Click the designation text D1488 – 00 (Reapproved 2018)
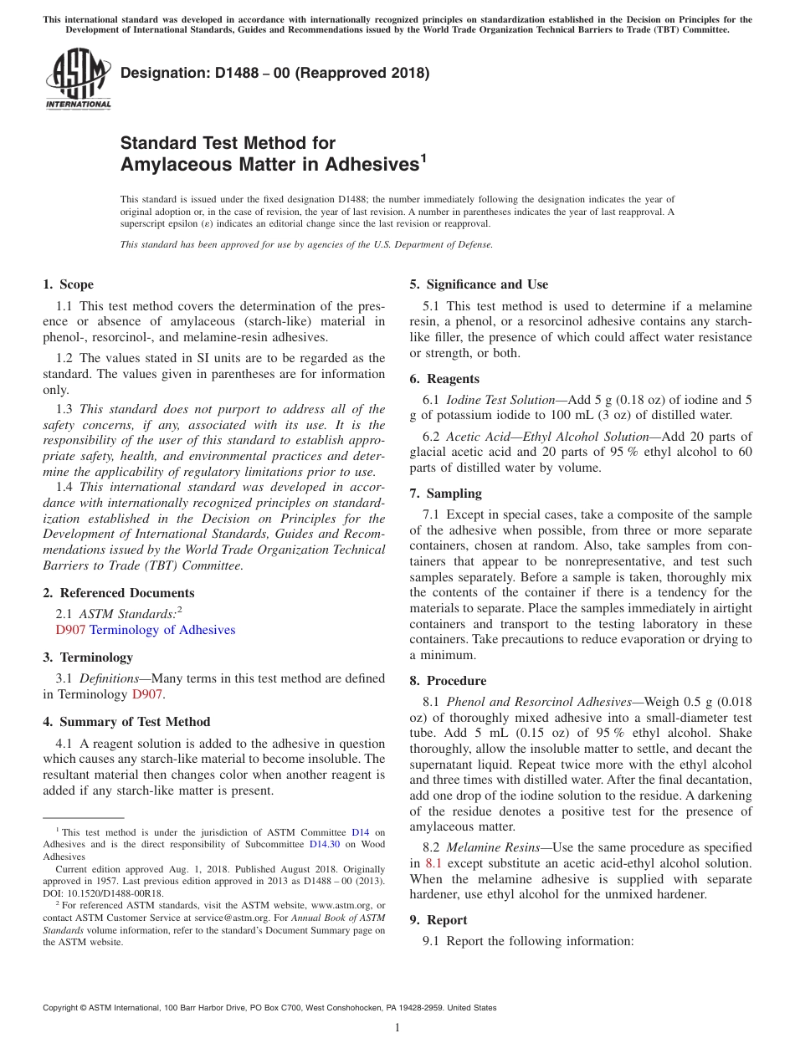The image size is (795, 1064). (x=274, y=73)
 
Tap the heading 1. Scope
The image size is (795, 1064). (x=69, y=284)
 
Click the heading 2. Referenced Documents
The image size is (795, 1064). (x=119, y=593)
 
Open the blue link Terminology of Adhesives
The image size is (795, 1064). (x=162, y=630)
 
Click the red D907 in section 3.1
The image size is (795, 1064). (x=147, y=693)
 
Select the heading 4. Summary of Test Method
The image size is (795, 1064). (x=126, y=721)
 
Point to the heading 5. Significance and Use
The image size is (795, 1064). (x=479, y=284)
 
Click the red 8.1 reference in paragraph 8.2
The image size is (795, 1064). (x=433, y=863)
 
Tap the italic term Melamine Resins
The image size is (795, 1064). (x=493, y=847)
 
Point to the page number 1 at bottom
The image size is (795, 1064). (x=397, y=1027)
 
